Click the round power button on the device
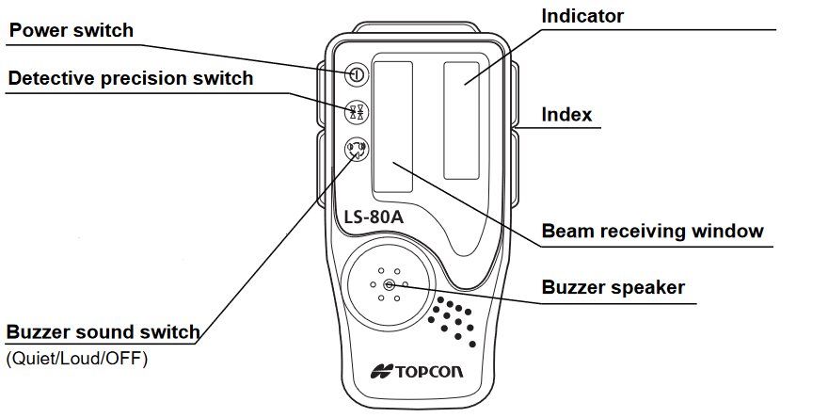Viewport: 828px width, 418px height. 357,74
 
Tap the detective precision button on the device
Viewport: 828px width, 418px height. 357,111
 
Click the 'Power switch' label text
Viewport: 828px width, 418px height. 72,31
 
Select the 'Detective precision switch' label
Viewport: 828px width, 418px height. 131,78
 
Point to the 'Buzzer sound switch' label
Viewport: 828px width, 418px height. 103,332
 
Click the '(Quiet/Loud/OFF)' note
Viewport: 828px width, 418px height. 77,359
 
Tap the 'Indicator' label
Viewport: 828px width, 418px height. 582,16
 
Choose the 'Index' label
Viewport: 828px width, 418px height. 566,115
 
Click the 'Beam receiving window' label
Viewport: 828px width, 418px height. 653,231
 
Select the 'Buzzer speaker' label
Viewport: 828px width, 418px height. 613,287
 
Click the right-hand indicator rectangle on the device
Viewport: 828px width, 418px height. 468,120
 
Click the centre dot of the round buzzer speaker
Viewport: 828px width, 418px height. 388,283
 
